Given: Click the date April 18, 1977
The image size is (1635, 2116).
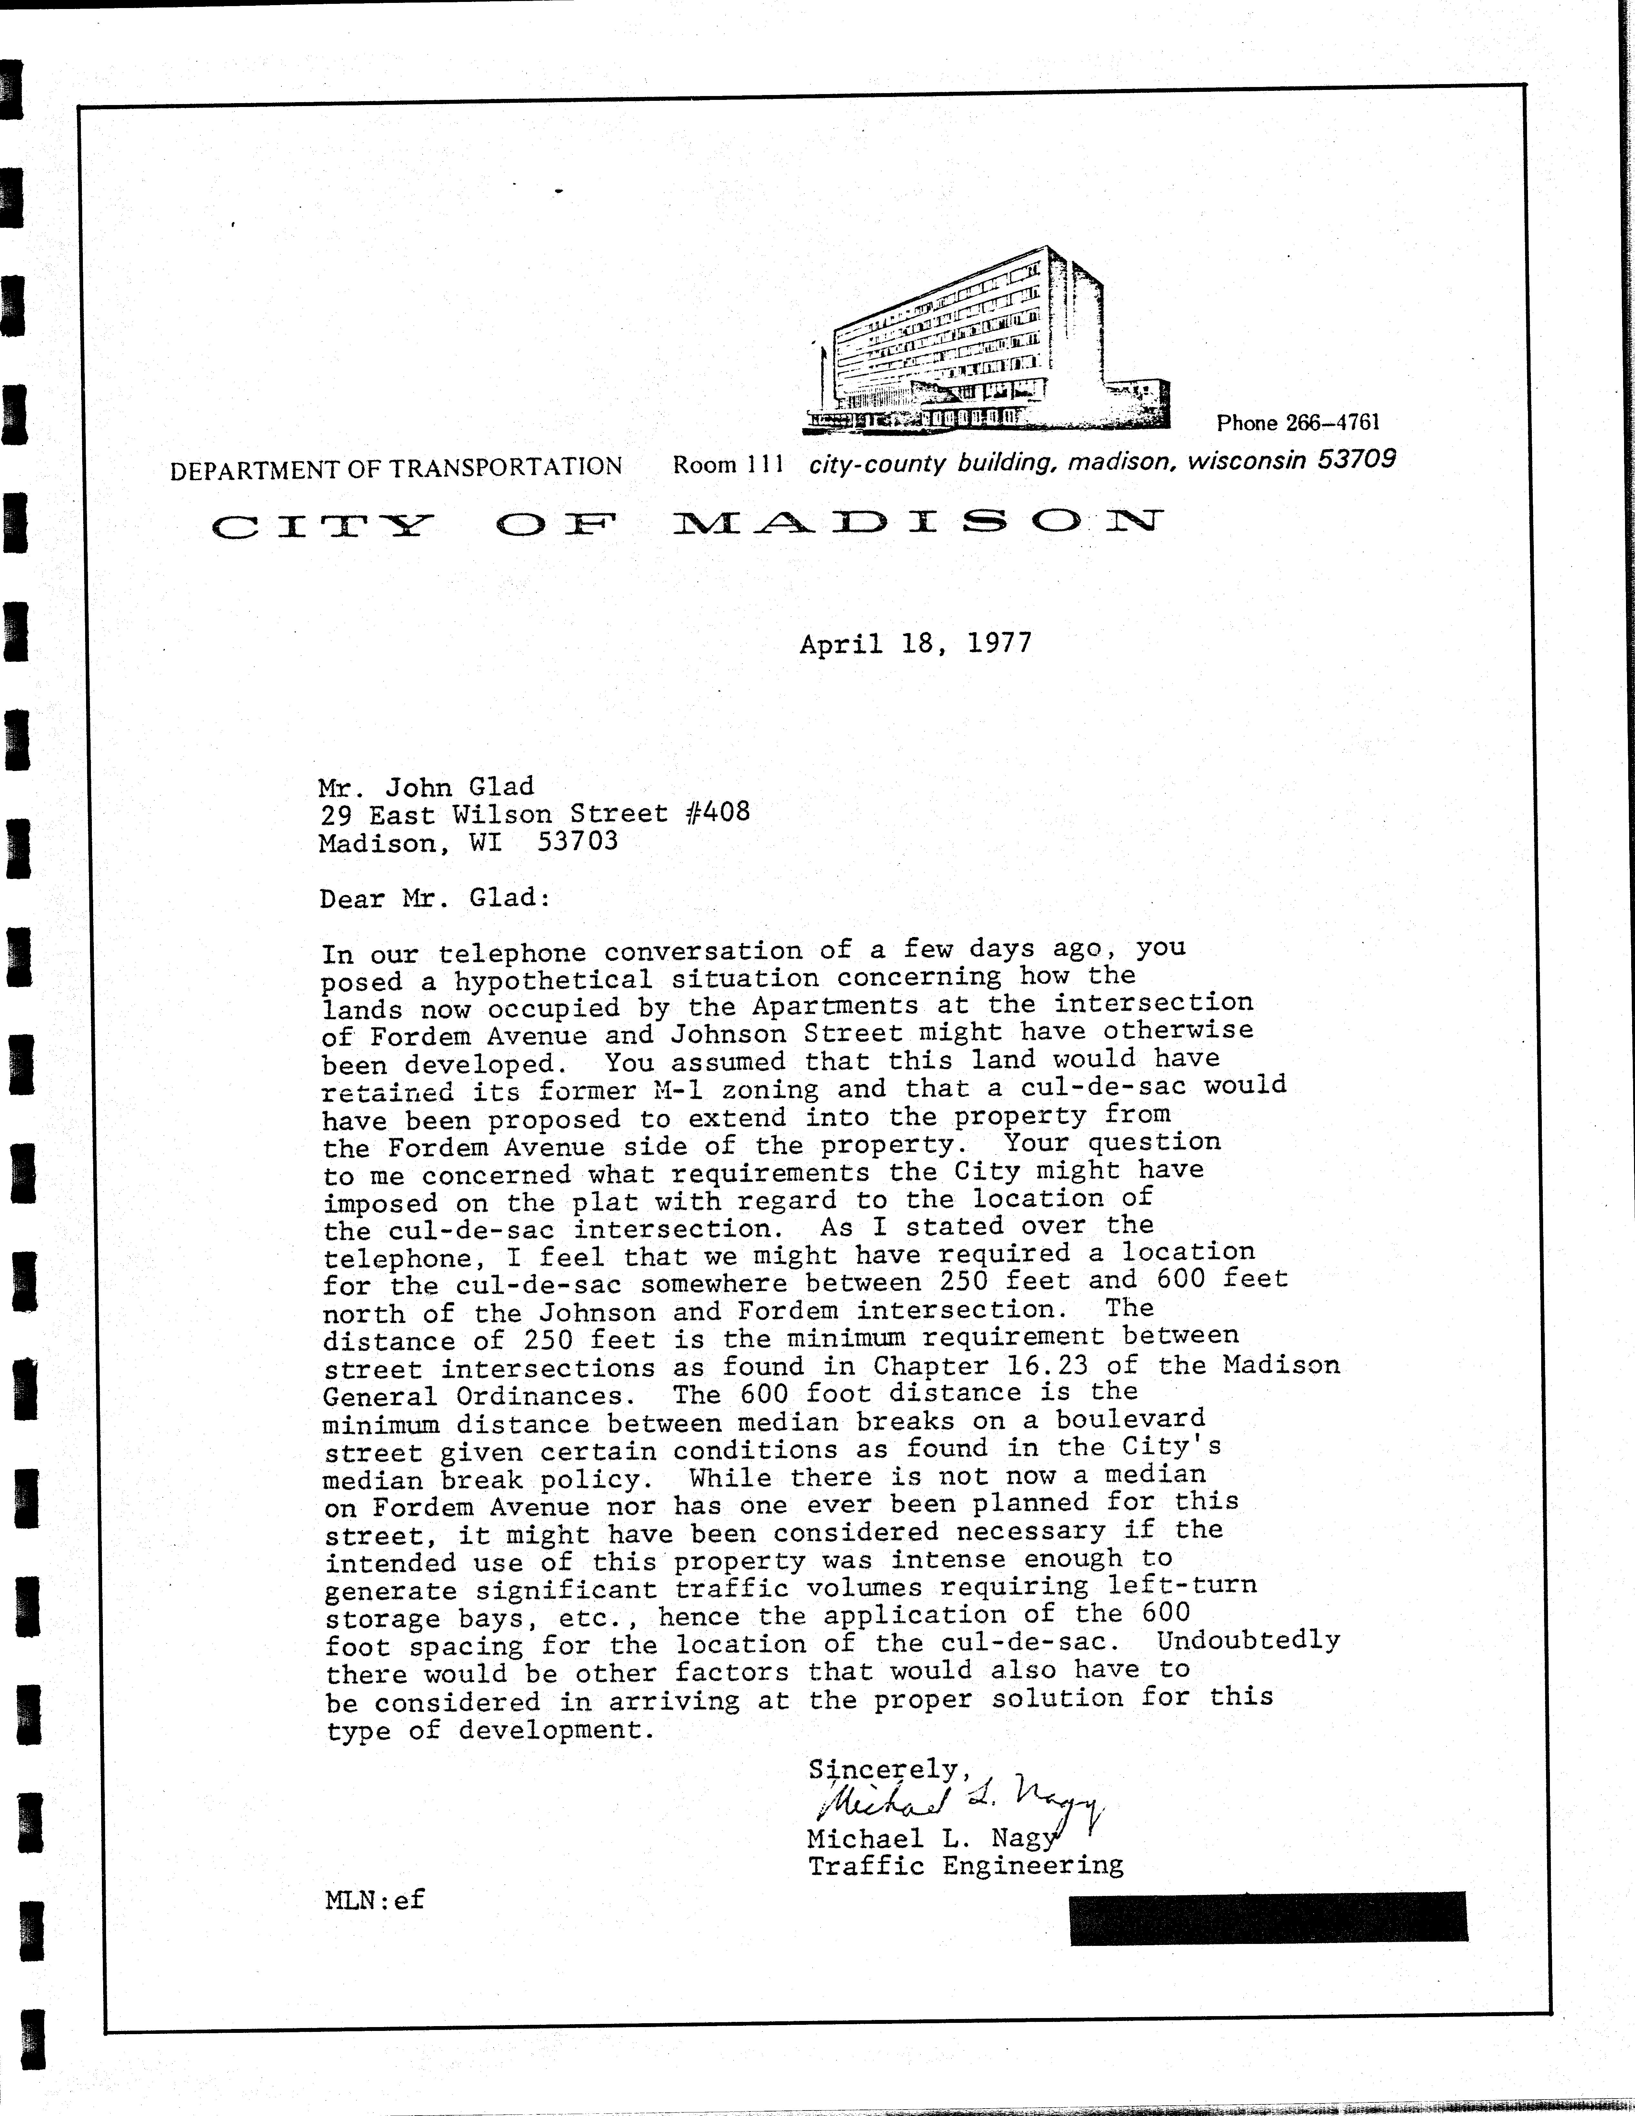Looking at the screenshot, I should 915,643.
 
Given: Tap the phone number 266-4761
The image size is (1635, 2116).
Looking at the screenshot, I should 1332,422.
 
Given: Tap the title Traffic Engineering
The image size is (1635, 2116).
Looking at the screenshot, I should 965,1865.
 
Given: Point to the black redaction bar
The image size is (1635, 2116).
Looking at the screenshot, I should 1268,1919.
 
